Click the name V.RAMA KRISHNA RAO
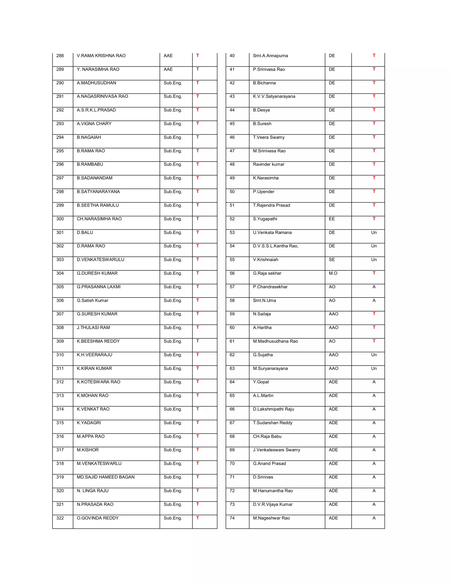click(101, 56)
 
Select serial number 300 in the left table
click(60, 219)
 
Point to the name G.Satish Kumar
click(92, 300)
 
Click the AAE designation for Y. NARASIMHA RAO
click(168, 69)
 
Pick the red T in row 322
click(198, 518)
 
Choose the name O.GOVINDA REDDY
click(98, 518)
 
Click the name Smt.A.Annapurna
click(270, 56)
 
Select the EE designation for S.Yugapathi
click(332, 219)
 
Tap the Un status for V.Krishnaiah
click(374, 259)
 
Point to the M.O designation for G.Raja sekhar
click(333, 273)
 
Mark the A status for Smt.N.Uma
click(374, 300)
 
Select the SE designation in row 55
click(332, 259)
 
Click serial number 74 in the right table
click(232, 518)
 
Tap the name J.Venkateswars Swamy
click(276, 450)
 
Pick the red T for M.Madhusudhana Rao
click(374, 341)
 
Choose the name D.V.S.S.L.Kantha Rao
click(275, 246)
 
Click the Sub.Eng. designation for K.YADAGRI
click(173, 422)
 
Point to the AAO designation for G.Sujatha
click(333, 355)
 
